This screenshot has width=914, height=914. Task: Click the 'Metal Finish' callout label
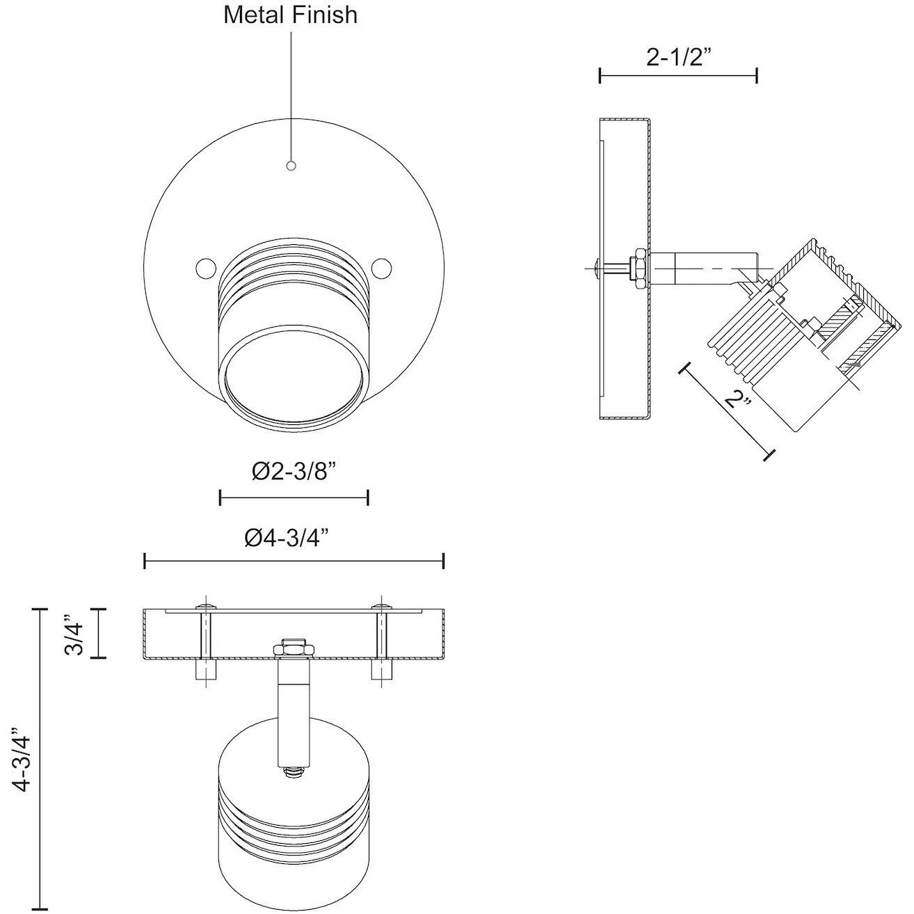[x=290, y=15]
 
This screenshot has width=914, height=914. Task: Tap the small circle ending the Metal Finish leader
[x=291, y=166]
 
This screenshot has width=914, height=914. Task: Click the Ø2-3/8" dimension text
[x=294, y=471]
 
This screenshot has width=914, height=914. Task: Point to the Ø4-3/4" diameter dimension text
[x=287, y=538]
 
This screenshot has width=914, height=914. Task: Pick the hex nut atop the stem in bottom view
[x=293, y=648]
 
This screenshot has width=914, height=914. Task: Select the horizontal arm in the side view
[x=703, y=267]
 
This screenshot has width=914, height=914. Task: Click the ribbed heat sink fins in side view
[x=748, y=334]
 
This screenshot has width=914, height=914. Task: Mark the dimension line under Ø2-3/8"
[x=294, y=497]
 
